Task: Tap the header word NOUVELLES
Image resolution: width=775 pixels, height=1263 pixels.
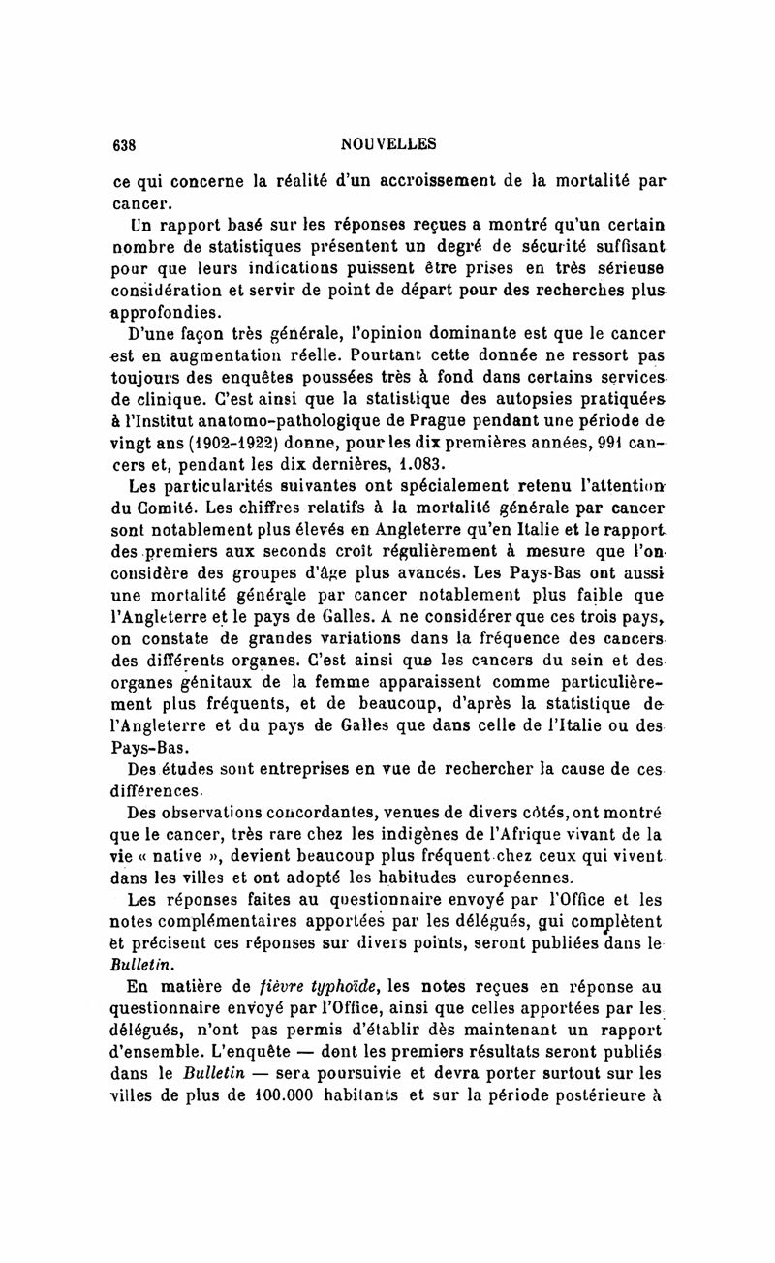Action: pos(388,144)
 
